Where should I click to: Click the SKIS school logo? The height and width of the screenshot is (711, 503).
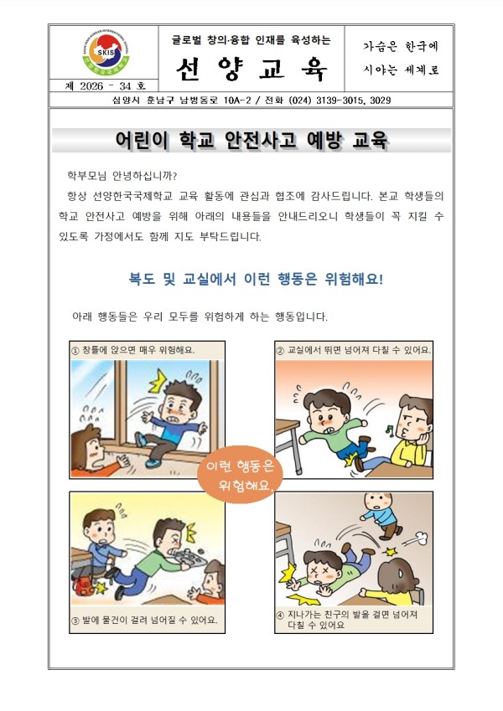(x=106, y=54)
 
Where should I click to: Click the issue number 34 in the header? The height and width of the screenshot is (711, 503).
(x=125, y=86)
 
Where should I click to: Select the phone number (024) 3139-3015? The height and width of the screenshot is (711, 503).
(x=327, y=100)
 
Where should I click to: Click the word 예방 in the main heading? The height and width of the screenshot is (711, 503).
(x=324, y=140)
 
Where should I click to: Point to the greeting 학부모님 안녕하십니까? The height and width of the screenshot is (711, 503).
(x=122, y=176)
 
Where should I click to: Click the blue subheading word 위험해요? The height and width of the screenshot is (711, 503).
(x=354, y=279)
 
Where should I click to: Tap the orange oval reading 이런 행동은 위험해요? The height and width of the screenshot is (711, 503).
(x=239, y=474)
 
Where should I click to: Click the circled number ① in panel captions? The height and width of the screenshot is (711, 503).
(x=75, y=351)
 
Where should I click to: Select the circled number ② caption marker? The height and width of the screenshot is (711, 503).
(x=280, y=351)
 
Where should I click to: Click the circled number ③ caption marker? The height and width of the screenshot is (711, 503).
(x=75, y=621)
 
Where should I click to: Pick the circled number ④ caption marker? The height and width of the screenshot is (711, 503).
(x=280, y=616)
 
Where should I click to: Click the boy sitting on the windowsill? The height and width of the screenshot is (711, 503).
(x=172, y=422)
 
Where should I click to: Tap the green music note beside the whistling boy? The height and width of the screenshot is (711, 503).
(x=389, y=429)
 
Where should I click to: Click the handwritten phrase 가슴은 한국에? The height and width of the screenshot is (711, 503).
(x=401, y=46)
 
